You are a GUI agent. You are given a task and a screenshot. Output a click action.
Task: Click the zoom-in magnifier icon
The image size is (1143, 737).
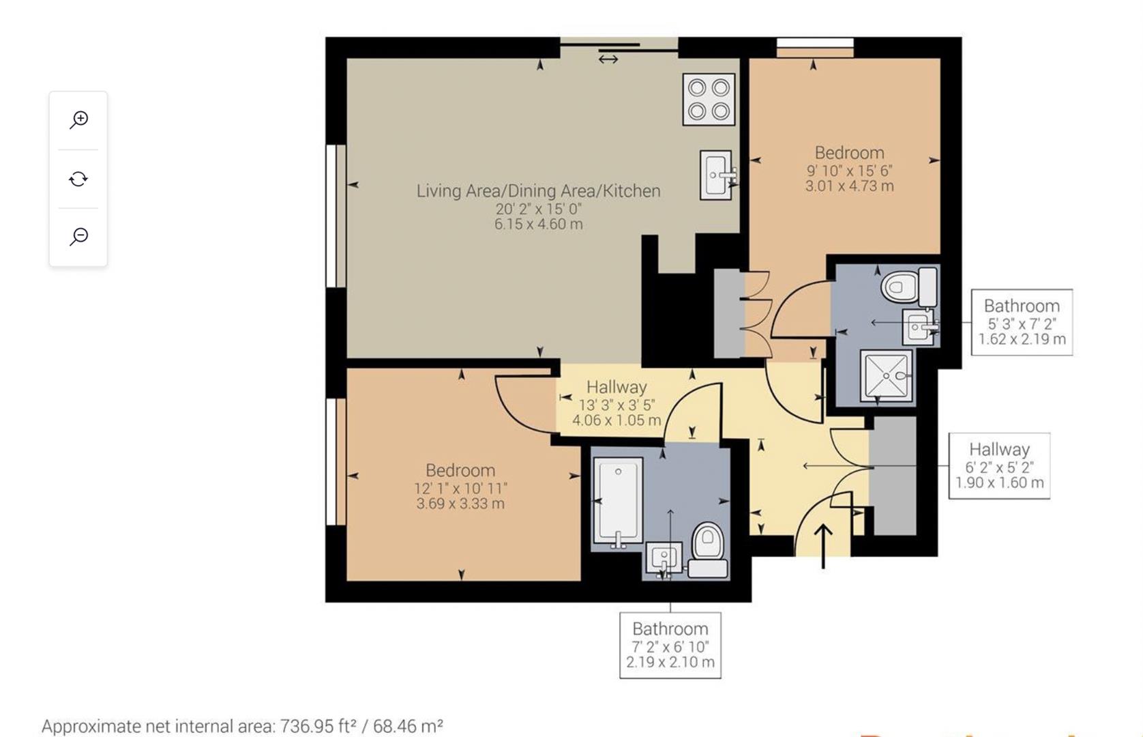point(79,119)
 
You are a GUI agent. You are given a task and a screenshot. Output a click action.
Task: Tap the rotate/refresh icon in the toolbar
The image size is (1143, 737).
point(78,179)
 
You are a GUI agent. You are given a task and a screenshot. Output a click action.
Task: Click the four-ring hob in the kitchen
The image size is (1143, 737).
point(709,100)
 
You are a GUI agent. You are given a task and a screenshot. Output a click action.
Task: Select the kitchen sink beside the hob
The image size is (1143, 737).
point(716,175)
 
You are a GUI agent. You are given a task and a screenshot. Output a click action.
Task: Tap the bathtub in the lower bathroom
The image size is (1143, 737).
point(618,501)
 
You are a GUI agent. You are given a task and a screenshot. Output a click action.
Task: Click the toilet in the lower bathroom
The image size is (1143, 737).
point(708,549)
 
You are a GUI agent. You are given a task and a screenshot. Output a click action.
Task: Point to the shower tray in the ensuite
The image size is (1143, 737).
point(886,375)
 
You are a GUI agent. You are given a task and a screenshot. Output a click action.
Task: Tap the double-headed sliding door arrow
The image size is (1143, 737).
point(608,59)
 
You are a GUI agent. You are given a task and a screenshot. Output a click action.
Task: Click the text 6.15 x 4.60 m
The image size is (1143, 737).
point(538,224)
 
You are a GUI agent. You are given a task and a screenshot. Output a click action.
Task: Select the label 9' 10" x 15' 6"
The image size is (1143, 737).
point(849,171)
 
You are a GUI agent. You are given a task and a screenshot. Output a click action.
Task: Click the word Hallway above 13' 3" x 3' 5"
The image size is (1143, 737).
point(617,387)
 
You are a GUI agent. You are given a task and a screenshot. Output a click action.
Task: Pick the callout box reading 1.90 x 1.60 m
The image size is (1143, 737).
point(999,466)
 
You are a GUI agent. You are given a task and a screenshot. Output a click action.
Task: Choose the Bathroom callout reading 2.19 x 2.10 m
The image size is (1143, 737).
point(670,646)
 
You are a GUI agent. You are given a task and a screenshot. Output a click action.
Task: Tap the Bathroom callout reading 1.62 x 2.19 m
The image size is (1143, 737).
point(1022,323)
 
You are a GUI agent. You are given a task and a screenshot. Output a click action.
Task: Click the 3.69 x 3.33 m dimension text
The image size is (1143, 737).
point(460,504)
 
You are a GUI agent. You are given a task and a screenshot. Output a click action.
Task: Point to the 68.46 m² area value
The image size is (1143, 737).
point(408,725)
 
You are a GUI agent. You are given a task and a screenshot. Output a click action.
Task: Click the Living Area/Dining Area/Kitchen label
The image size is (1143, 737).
point(538,191)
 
